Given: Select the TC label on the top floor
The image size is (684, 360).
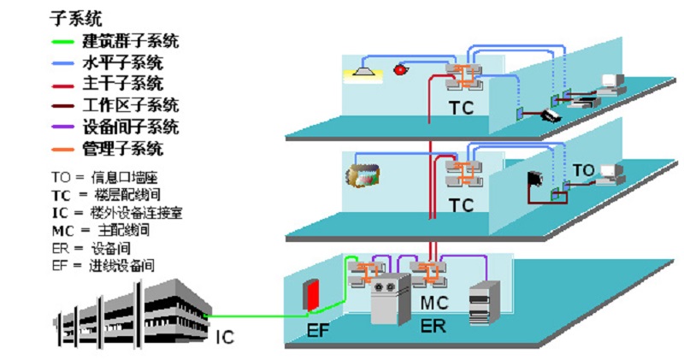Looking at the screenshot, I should pyautogui.click(x=461, y=109).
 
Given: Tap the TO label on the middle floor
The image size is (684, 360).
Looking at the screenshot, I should pyautogui.click(x=583, y=169).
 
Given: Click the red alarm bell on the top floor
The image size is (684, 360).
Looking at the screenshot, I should pyautogui.click(x=398, y=69).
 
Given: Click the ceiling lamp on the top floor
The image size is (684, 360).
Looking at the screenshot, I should pyautogui.click(x=363, y=69).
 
